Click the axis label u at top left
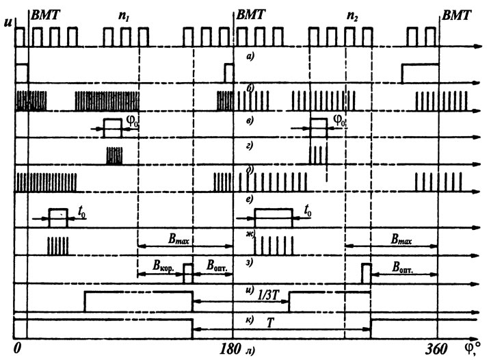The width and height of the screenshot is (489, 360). point(8,22)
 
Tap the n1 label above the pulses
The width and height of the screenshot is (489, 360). point(124,16)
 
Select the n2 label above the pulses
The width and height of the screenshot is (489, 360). point(352,16)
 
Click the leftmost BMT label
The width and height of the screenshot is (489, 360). point(45,14)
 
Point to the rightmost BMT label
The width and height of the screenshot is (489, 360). point(457,15)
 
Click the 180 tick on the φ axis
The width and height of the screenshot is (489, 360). point(230,349)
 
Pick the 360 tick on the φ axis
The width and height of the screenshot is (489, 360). point(436,349)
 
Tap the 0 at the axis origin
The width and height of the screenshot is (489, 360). point(18,348)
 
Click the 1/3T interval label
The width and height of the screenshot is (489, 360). point(267,295)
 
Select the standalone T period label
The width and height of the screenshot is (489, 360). point(270,323)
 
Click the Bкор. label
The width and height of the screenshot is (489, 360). point(163,266)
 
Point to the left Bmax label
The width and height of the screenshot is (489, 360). point(179,240)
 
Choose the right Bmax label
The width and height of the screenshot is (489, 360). point(401,240)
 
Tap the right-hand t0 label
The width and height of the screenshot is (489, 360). point(308,211)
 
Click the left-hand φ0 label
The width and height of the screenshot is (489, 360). point(132,120)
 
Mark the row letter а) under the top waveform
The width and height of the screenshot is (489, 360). point(250,57)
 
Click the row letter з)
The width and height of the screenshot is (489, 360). point(249,263)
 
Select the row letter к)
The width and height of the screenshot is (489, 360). point(250,319)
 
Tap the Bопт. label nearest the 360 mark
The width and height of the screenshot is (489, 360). point(402,267)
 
